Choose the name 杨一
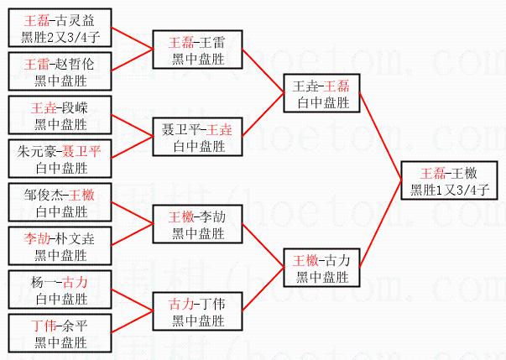pyautogui.click(x=47, y=283)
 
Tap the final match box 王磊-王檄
pyautogui.click(x=450, y=181)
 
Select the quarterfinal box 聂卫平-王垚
pyautogui.click(x=198, y=137)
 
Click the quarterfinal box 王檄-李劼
pyautogui.click(x=198, y=224)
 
